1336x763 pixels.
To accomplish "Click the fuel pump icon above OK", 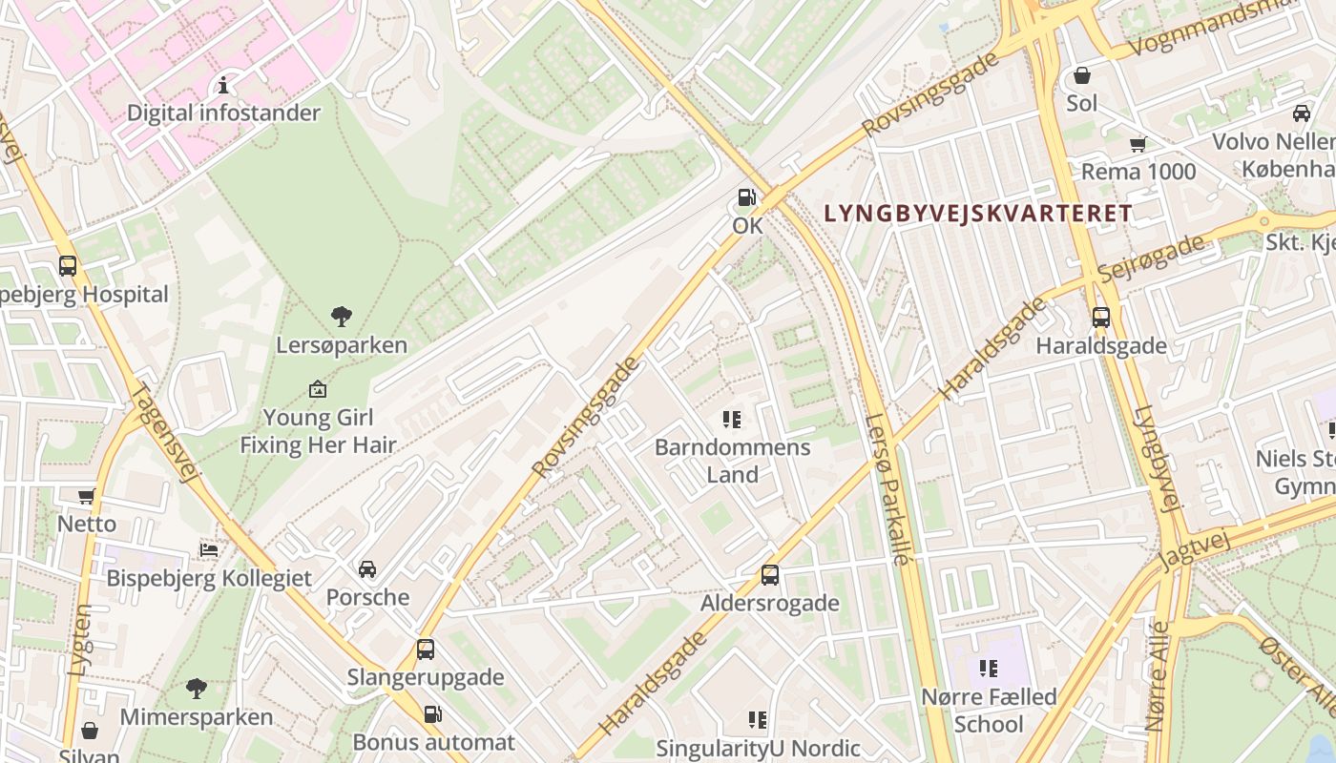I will [745, 197].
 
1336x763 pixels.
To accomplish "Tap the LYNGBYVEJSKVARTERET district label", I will [977, 214].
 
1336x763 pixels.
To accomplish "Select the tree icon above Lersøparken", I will [341, 317].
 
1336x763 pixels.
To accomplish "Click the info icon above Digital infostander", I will [223, 85].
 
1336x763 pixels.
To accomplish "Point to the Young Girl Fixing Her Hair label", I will [318, 431].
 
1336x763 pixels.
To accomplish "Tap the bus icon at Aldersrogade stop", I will [770, 575].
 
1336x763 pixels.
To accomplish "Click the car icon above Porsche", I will [367, 569].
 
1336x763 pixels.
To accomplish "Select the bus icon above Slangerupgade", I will [426, 650].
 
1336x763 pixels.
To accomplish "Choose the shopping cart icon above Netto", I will [87, 496].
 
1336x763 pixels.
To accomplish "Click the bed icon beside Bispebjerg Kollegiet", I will [209, 549].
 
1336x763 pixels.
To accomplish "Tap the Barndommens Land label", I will [732, 461].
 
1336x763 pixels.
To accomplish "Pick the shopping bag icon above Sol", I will [1082, 74].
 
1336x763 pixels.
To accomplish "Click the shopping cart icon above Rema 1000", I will [1138, 144].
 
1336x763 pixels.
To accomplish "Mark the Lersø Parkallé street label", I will [887, 488].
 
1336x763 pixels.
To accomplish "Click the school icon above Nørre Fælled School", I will [989, 669].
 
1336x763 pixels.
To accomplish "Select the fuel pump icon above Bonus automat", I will [432, 713].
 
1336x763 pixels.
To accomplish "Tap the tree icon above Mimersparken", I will [197, 688].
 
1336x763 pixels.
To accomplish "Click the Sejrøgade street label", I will [1151, 258].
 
